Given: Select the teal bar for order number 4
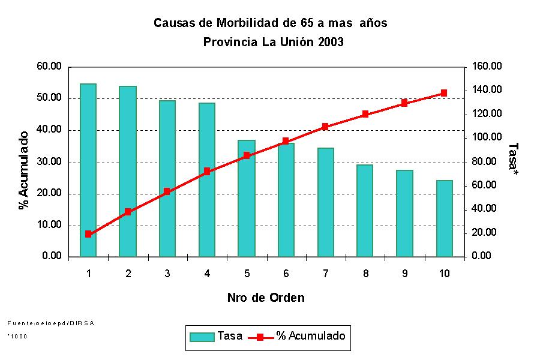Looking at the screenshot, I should point(207,179).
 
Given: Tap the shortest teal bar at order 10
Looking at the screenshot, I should point(445,218).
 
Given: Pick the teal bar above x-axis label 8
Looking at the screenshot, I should point(365,211).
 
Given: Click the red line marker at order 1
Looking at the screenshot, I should point(88,234).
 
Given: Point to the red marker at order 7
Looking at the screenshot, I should point(325,127).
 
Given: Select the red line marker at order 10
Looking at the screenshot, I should point(444,93).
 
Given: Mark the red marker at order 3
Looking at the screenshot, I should point(167,191).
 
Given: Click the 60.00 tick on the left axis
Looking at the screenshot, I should point(49,67).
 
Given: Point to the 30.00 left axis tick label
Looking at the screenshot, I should point(49,162).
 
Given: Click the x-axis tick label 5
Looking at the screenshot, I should point(247,274).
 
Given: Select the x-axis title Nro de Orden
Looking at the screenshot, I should point(266,298).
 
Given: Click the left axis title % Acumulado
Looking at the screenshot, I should point(25,170).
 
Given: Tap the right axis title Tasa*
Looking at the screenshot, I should point(513,160).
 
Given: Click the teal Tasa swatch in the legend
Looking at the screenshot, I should point(202,337).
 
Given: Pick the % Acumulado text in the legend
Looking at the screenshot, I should point(311,336).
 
